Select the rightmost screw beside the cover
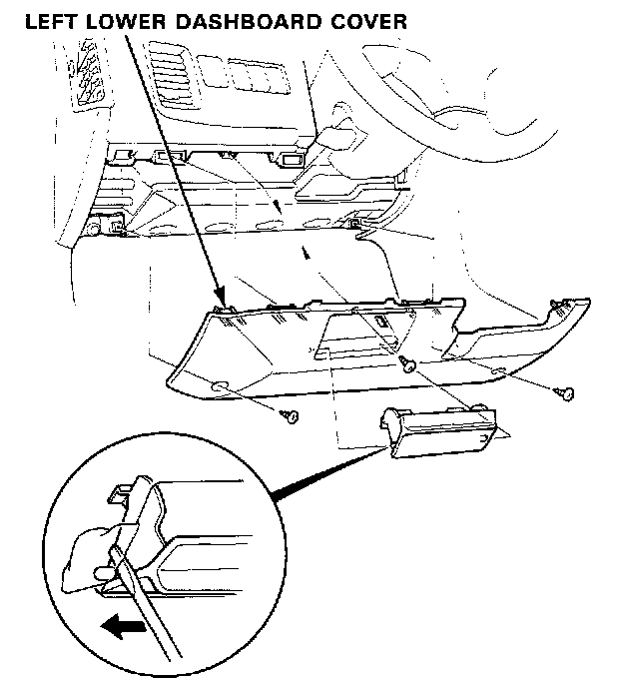click(x=567, y=393)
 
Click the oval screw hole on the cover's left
click(x=219, y=386)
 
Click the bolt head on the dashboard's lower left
click(x=95, y=229)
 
